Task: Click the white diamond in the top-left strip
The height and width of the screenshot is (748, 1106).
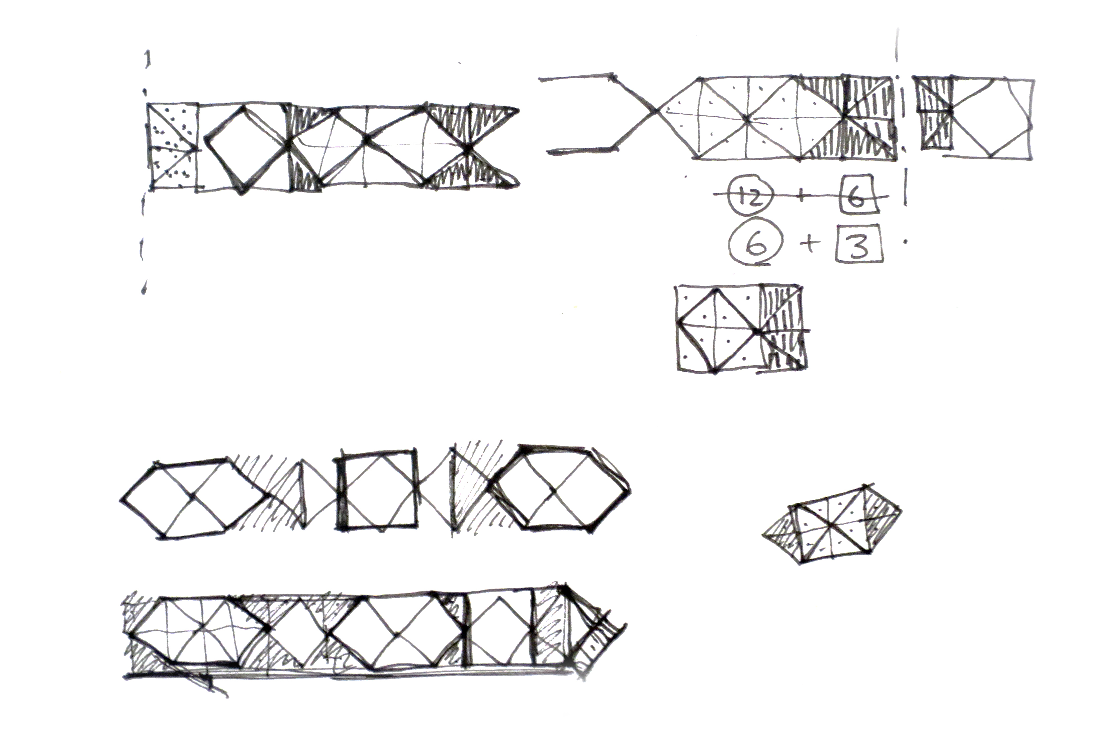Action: (x=243, y=147)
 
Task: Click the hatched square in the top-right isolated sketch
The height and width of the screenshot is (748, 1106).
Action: (x=935, y=112)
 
